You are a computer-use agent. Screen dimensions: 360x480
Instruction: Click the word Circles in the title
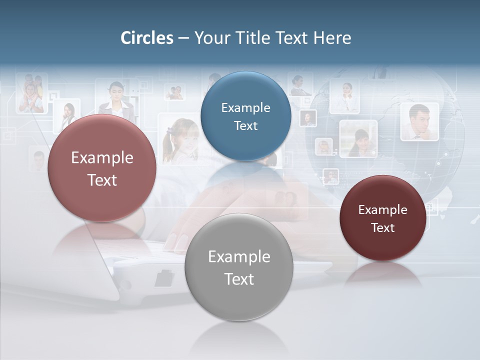pos(146,38)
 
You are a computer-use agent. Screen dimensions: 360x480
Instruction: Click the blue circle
pos(245,116)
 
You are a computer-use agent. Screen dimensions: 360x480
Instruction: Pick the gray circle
pos(239,267)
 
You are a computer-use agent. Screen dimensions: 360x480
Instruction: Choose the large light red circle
pos(102,168)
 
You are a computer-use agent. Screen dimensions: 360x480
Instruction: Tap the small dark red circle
pos(382,218)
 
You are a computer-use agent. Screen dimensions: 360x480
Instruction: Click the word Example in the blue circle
pos(245,107)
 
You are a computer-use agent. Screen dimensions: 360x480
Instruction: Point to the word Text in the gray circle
pos(239,279)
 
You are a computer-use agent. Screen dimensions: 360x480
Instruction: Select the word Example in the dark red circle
pos(382,209)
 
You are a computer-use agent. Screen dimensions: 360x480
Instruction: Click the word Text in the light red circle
pos(102,180)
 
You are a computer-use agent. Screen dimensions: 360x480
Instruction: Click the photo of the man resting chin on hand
pos(419,121)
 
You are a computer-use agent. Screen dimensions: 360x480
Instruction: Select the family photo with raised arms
pos(31,93)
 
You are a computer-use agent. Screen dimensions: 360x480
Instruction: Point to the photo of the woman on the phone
pos(67,115)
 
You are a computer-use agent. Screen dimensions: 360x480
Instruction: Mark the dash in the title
pos(183,38)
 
